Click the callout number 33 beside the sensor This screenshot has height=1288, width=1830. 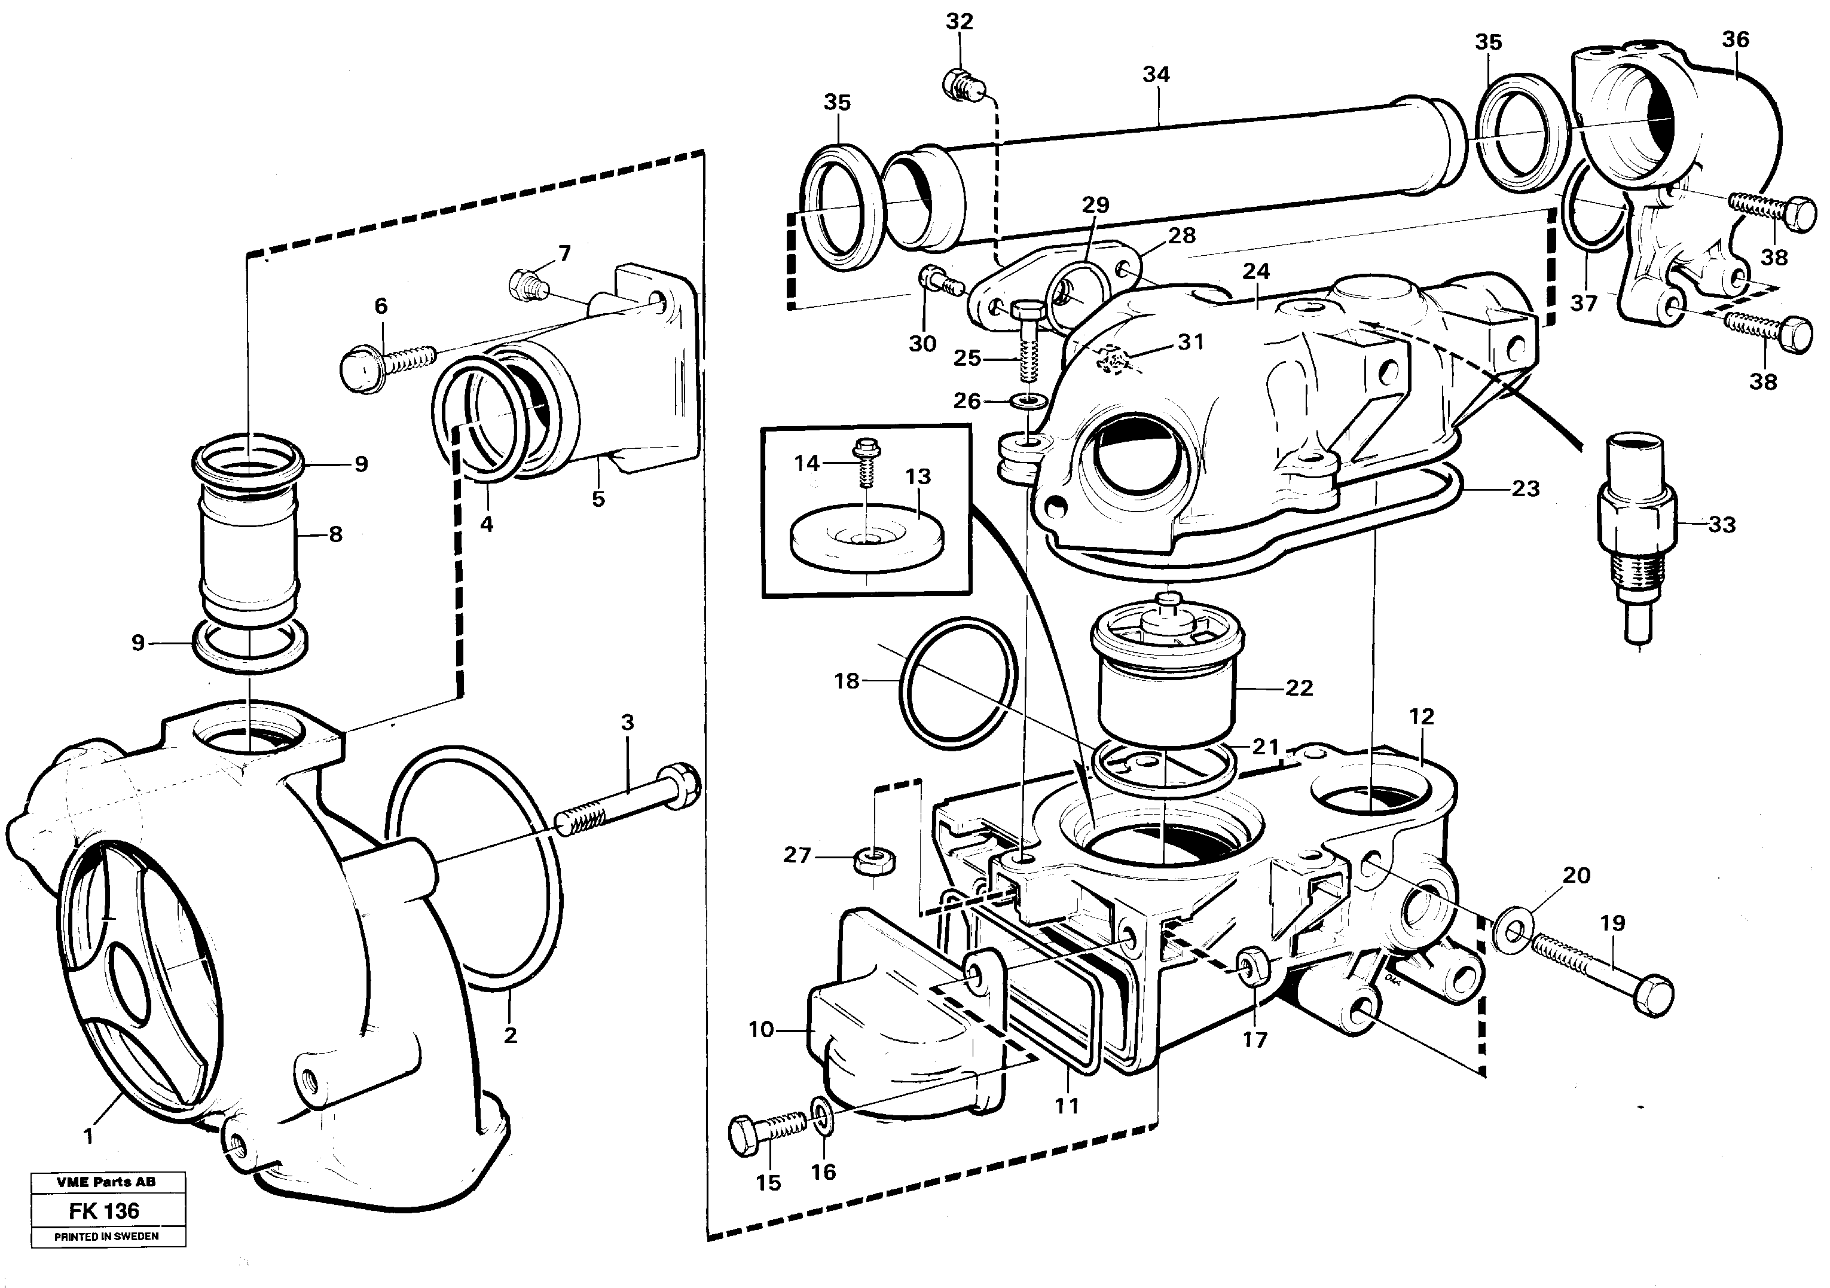[1722, 525]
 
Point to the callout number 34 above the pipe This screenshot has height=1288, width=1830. [1156, 75]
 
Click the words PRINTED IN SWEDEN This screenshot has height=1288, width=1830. [106, 1236]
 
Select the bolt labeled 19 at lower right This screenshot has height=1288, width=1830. [1602, 971]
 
